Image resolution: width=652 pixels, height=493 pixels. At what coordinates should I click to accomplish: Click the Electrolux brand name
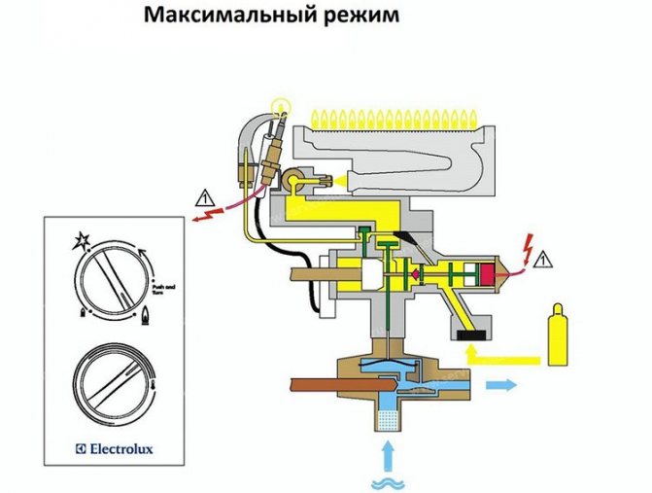tap(109, 450)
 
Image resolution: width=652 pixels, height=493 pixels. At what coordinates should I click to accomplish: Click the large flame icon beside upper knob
tap(146, 314)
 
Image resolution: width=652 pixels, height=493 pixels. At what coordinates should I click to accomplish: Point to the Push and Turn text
tap(163, 290)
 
